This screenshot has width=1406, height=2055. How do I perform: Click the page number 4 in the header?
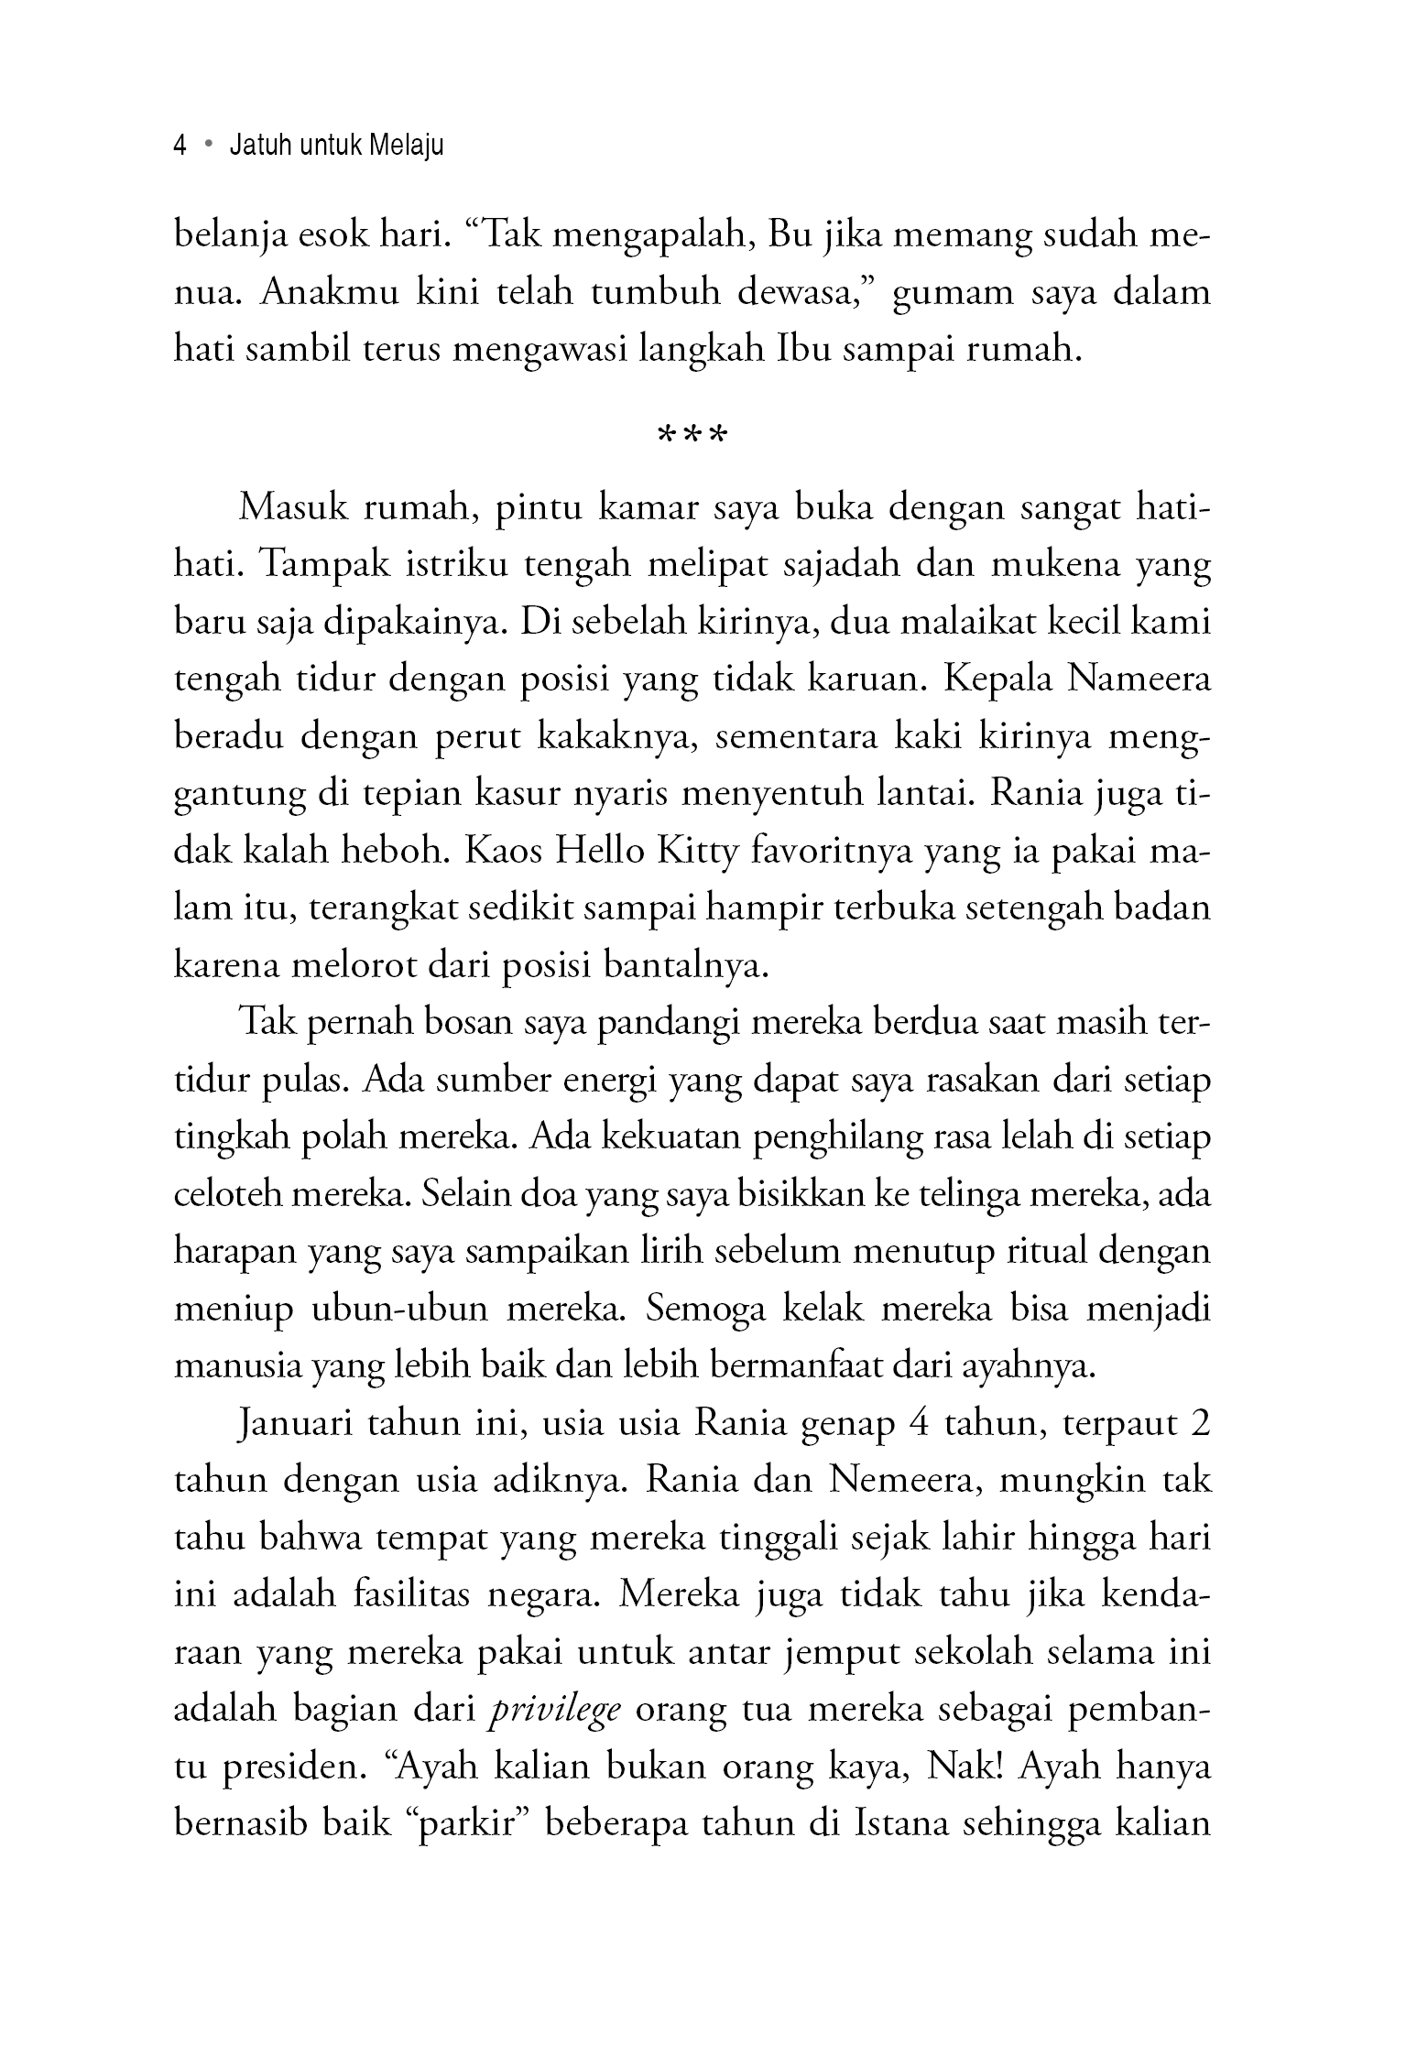[x=180, y=147]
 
